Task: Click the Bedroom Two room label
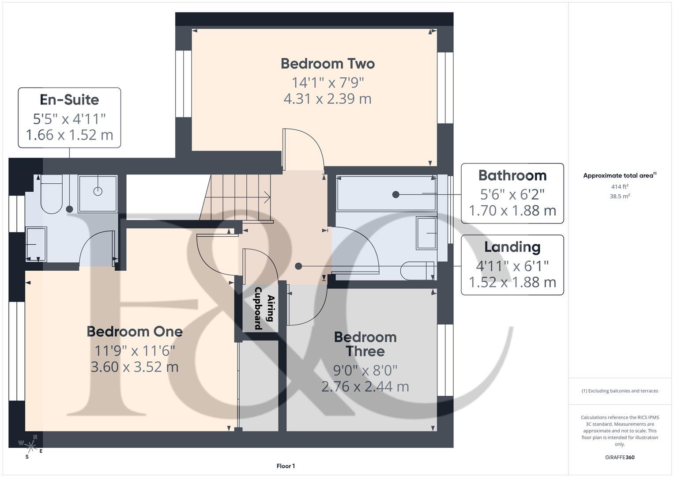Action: pyautogui.click(x=328, y=64)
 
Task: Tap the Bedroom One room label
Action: pyautogui.click(x=135, y=332)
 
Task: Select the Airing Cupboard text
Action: pyautogui.click(x=264, y=308)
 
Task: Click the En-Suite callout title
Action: pyautogui.click(x=69, y=100)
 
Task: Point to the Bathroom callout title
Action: pyautogui.click(x=512, y=175)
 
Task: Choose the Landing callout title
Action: pyautogui.click(x=512, y=247)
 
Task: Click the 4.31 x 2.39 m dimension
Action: pyautogui.click(x=328, y=98)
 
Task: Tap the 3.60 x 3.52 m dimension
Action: pyautogui.click(x=135, y=367)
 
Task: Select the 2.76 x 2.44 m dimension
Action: pyautogui.click(x=365, y=387)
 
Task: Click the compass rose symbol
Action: pyautogui.click(x=30, y=443)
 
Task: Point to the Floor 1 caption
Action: pyautogui.click(x=286, y=466)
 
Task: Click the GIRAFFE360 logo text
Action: pyautogui.click(x=620, y=457)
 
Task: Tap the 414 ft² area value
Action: pyautogui.click(x=620, y=187)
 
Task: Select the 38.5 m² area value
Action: pyautogui.click(x=620, y=197)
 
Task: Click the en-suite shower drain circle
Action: pyautogui.click(x=98, y=191)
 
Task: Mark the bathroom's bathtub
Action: pyautogui.click(x=385, y=193)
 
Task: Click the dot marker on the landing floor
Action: pyautogui.click(x=298, y=266)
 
